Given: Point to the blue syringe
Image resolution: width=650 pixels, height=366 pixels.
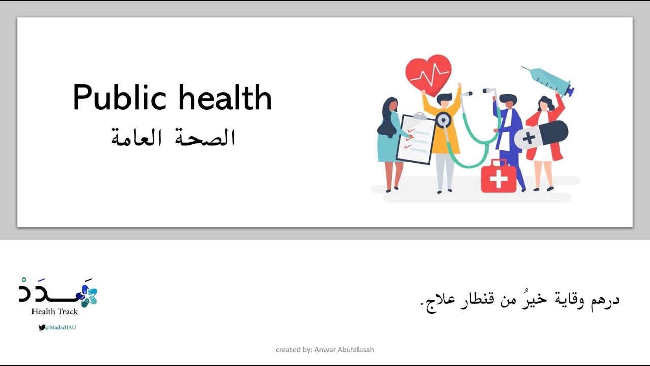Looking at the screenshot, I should click(548, 80).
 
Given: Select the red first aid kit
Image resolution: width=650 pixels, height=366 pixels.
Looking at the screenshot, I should click(498, 177).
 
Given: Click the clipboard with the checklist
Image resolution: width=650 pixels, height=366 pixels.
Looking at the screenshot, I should click(415, 138).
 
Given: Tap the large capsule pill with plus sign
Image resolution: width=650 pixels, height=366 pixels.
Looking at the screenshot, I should click(541, 134).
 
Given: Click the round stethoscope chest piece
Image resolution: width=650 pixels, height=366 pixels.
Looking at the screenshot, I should click(443, 120).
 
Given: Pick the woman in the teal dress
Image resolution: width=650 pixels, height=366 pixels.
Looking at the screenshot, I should click(390, 142).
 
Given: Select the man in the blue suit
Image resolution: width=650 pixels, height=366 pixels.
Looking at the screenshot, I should click(509, 137).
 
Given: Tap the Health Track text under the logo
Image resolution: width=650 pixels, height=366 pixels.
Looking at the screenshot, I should click(55, 311).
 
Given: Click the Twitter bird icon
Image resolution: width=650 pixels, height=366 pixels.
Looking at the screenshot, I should click(41, 328).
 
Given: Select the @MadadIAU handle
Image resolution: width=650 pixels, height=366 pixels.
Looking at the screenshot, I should click(60, 328).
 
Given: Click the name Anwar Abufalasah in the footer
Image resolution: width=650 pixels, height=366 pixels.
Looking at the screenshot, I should click(344, 350).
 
